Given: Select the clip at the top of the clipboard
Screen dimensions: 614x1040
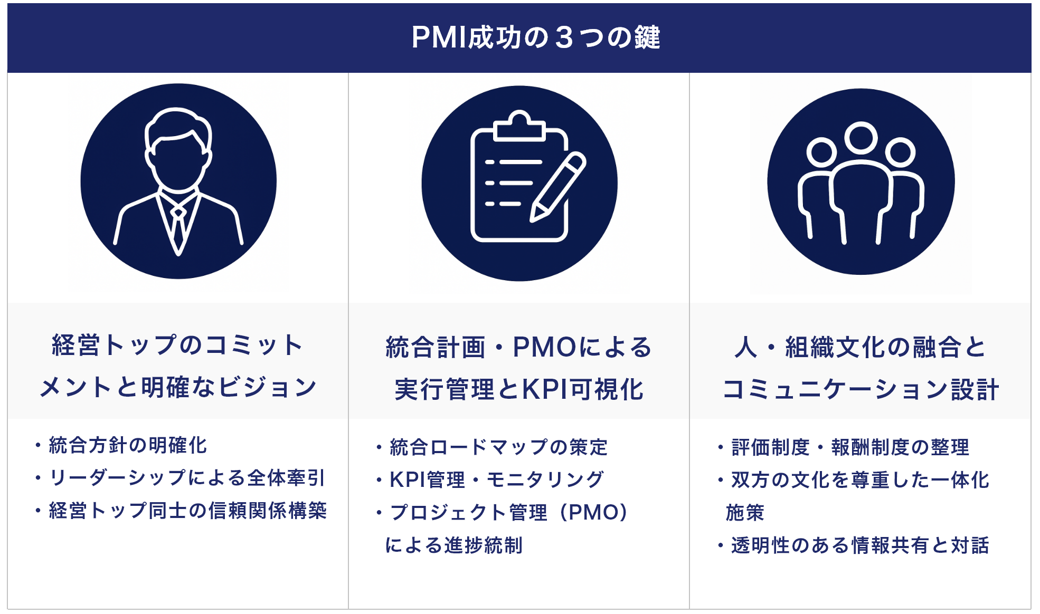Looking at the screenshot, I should click(x=519, y=127).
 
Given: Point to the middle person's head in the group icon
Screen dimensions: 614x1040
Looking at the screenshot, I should click(x=861, y=138).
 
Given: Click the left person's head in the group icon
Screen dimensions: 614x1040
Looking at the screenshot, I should click(x=821, y=153).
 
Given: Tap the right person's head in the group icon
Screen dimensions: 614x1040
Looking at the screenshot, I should click(x=900, y=153).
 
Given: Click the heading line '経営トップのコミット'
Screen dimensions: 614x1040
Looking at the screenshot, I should click(x=177, y=346).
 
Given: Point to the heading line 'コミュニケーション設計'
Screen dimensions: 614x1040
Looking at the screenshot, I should click(x=861, y=390).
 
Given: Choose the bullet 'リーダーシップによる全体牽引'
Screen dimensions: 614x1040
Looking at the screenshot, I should click(x=186, y=478).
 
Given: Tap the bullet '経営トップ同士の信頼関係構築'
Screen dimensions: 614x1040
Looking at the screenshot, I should click(x=187, y=511).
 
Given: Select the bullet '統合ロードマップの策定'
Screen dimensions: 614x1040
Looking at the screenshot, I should click(x=498, y=448).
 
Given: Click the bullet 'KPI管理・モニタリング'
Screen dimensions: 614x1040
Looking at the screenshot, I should click(x=496, y=480).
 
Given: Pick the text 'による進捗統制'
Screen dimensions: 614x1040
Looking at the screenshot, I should click(x=454, y=545).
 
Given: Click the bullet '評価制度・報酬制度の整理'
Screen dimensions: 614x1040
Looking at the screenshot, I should click(x=850, y=448).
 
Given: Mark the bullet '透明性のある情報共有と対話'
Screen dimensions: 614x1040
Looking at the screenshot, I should click(x=859, y=545).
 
